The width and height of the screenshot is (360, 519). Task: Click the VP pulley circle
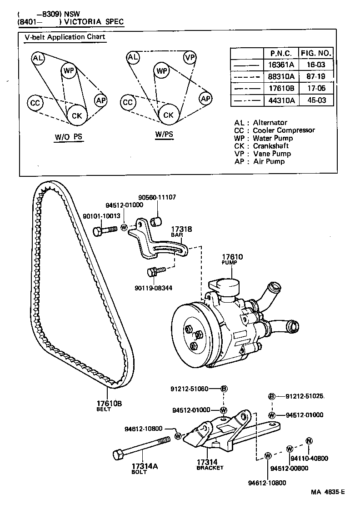tap(190, 58)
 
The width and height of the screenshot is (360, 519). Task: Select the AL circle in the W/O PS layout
tap(38, 58)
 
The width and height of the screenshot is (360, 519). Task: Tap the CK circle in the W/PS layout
tap(169, 115)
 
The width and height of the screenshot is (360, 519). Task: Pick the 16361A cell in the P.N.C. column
tap(281, 65)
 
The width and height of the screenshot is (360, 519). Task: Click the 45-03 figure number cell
tap(315, 100)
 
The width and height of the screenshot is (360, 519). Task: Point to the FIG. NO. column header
tap(316, 53)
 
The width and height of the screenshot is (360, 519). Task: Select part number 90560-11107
tap(157, 197)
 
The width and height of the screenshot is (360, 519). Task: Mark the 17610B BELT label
tap(109, 405)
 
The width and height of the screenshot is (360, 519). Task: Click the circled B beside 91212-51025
tap(272, 396)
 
